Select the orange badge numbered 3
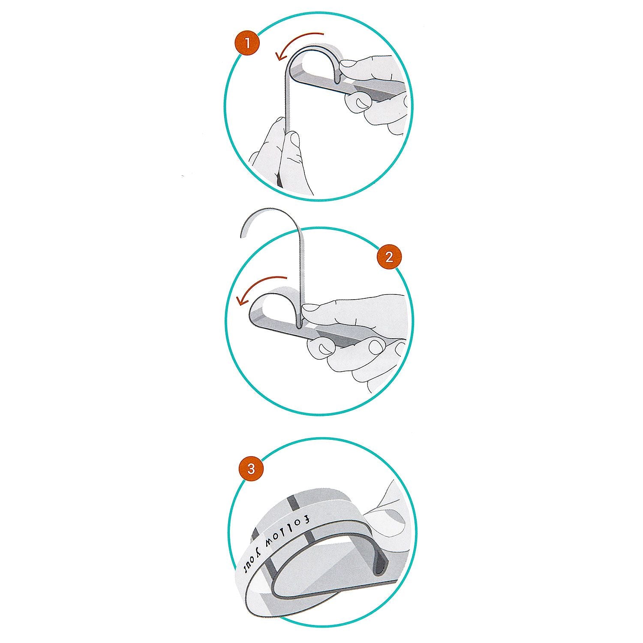[x=251, y=469]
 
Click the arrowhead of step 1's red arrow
[x=279, y=54]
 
